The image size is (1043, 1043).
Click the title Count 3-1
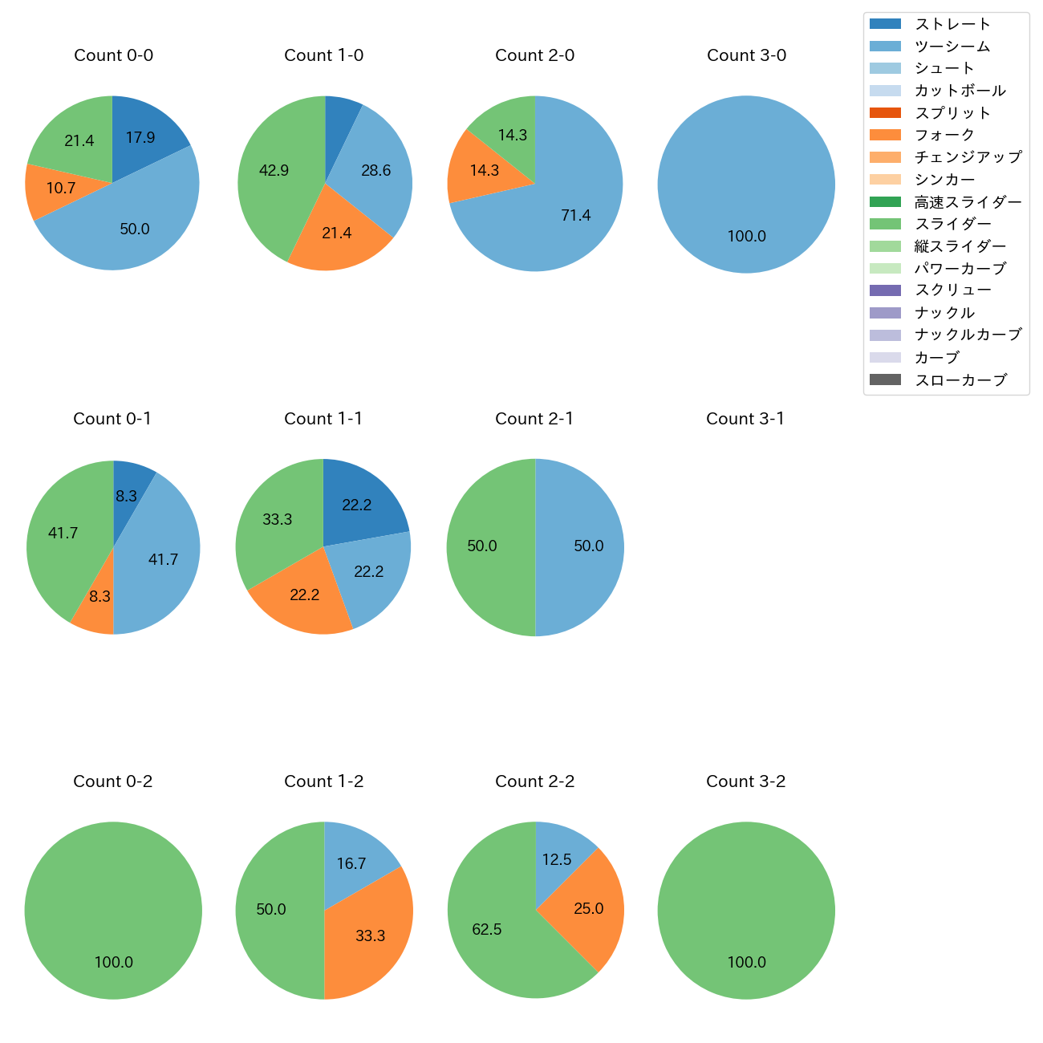click(745, 419)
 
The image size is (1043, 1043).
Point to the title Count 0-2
click(113, 781)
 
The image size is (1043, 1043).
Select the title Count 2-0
click(535, 55)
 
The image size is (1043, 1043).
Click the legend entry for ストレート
click(952, 24)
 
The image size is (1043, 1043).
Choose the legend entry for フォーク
click(944, 135)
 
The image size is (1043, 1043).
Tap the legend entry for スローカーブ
click(960, 380)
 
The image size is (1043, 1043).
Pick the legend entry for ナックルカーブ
click(968, 335)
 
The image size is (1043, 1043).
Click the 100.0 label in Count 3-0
click(747, 237)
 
